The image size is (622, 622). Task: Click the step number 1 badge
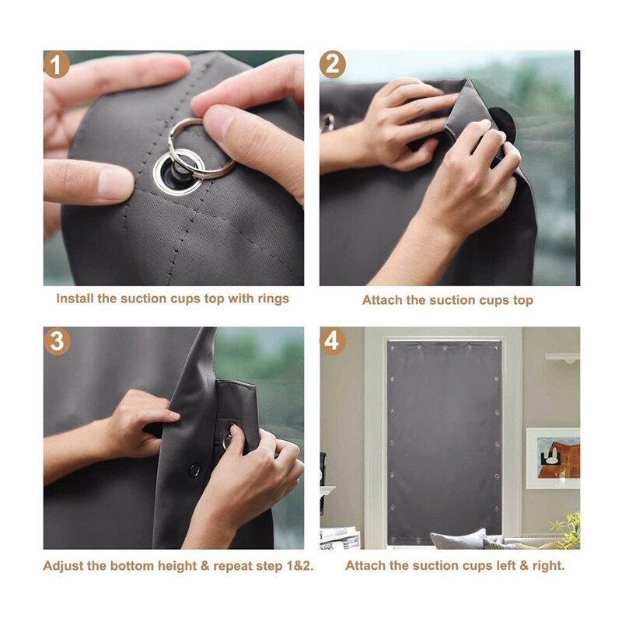click(x=56, y=65)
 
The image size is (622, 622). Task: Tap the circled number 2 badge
click(x=333, y=65)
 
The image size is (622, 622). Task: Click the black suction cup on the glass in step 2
click(x=502, y=124)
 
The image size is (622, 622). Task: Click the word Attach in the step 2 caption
click(x=381, y=300)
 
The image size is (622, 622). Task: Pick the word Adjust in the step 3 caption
click(x=63, y=565)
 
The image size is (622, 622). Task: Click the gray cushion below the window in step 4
click(x=459, y=540)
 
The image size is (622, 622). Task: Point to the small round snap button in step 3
click(x=194, y=470)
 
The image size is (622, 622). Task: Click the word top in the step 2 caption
click(x=522, y=300)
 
